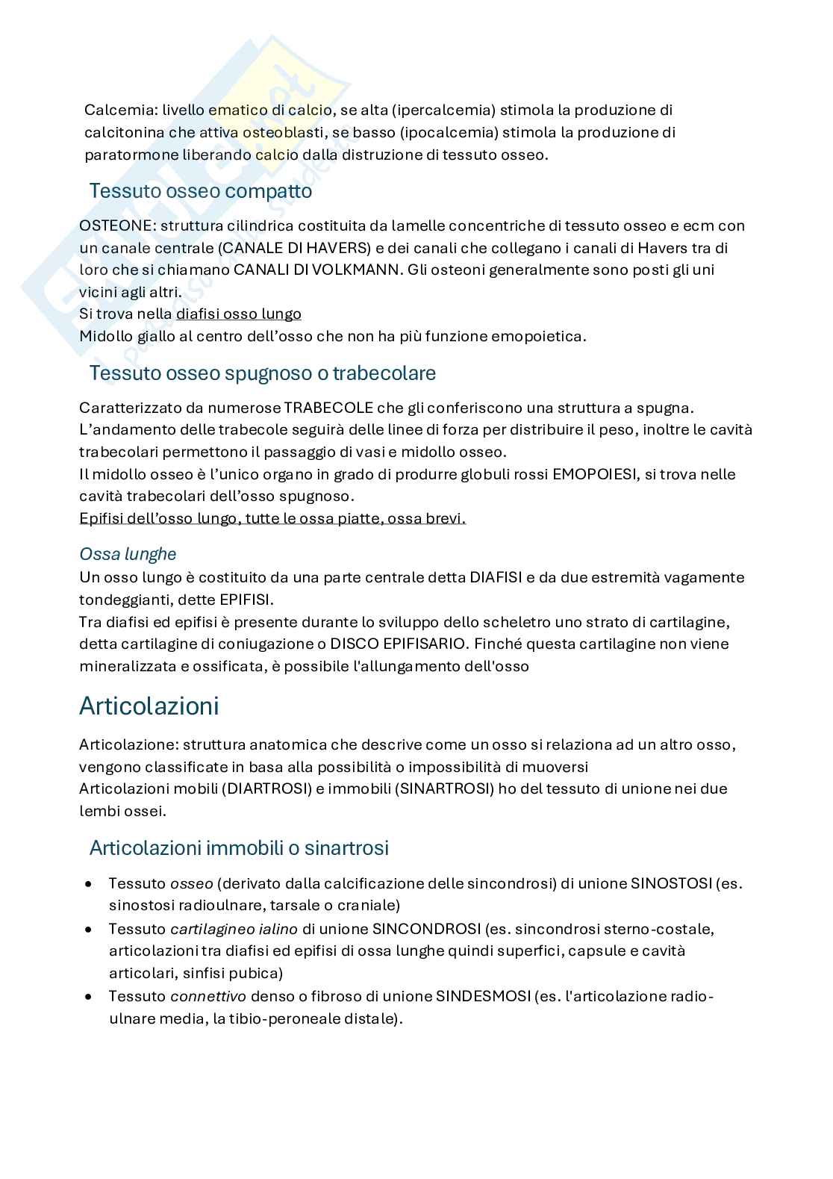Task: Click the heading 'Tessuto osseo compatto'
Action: coord(200,191)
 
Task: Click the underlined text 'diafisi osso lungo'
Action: coord(238,314)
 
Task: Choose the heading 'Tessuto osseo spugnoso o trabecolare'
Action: coord(262,373)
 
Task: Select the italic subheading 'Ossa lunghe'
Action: coord(128,554)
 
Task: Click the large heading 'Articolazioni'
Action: coord(149,706)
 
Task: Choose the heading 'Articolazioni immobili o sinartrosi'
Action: coord(239,848)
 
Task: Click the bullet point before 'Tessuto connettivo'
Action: coord(89,997)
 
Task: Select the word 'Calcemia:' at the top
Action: coord(115,111)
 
